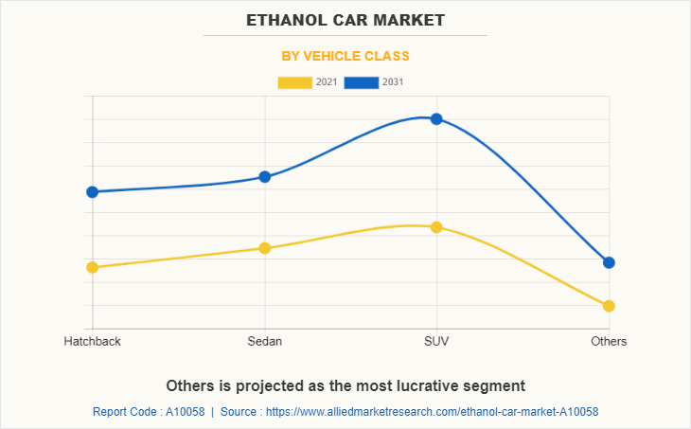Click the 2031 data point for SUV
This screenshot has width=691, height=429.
[x=436, y=119]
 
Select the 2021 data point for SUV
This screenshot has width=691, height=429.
[x=436, y=227]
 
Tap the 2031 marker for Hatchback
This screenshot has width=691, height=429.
[x=93, y=192]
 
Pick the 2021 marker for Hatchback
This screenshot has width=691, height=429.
[x=93, y=267]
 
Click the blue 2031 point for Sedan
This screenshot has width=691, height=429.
[x=265, y=177]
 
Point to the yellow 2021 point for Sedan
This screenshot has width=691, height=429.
[x=265, y=248]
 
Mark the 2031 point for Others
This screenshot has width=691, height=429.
[x=609, y=262]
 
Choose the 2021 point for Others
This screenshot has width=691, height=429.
[x=609, y=306]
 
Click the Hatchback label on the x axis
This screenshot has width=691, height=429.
[x=93, y=341]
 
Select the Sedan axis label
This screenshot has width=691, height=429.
[x=265, y=341]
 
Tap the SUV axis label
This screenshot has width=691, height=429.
[x=436, y=341]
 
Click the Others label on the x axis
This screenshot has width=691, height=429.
[x=609, y=341]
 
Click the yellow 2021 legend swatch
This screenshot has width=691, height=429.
[x=294, y=82]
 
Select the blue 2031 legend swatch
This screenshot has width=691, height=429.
[x=362, y=82]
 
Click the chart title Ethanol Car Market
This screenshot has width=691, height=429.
[x=345, y=20]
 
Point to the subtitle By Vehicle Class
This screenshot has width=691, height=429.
[x=345, y=56]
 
